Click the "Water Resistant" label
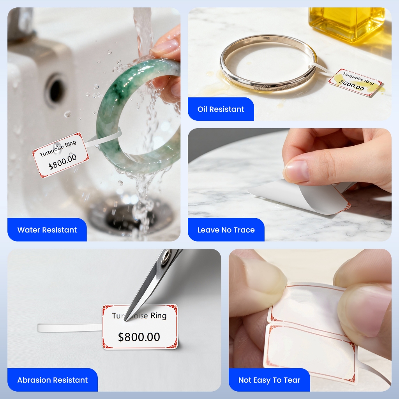coord(47,230)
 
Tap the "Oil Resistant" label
coord(221,109)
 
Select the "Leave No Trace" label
coord(226,230)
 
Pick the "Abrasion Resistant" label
coord(53,380)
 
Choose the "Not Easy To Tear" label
coord(269,380)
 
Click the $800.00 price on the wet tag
coord(62,162)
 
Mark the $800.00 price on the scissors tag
coord(139,337)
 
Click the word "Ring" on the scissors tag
coord(158,316)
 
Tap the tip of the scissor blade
coord(125,321)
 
